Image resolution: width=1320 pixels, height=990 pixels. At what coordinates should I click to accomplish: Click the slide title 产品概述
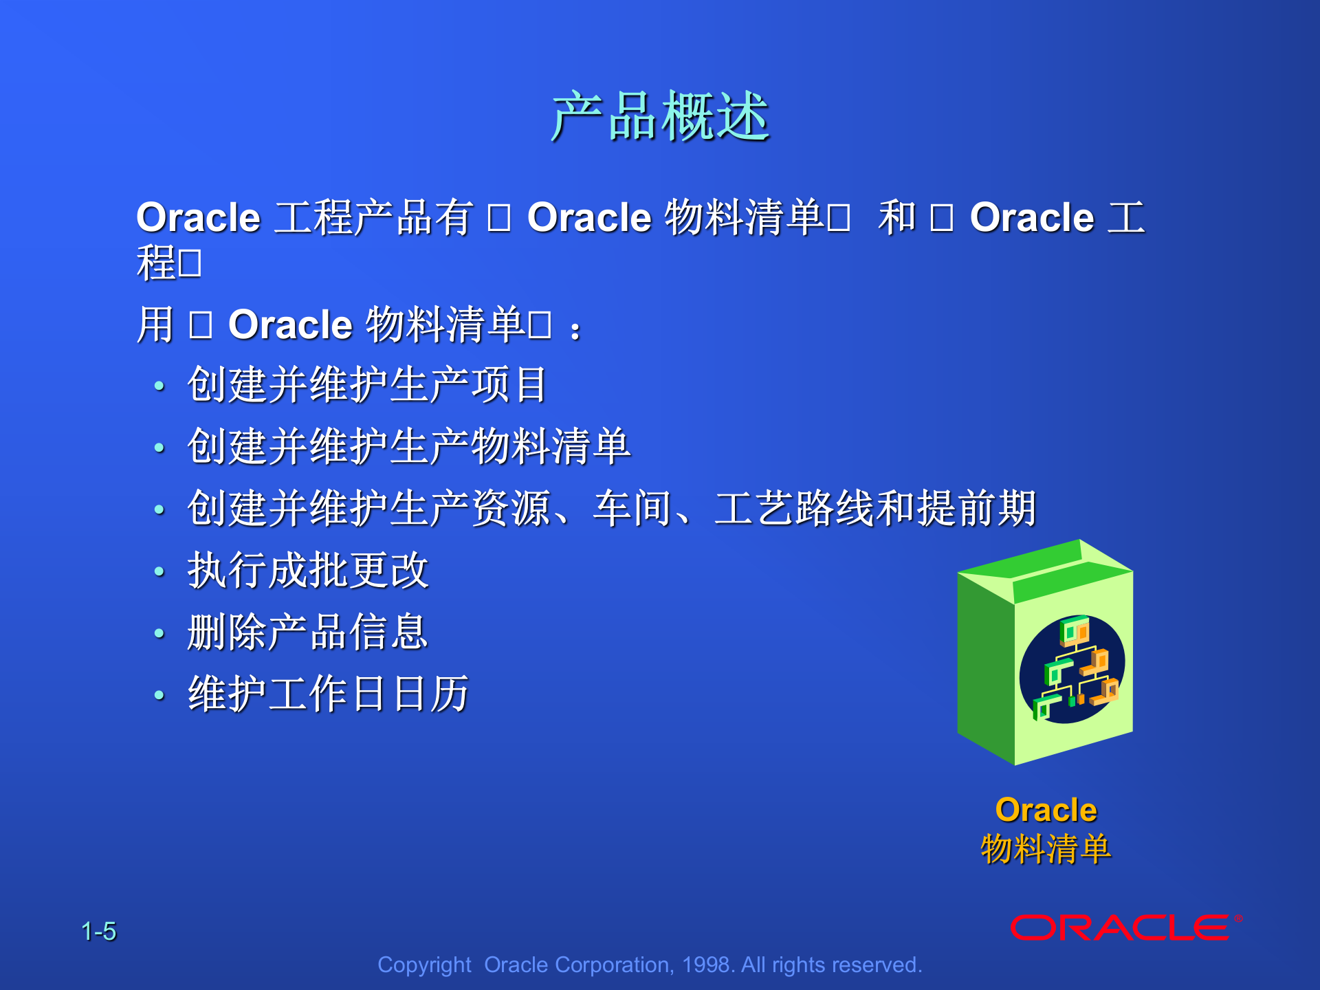[x=660, y=117]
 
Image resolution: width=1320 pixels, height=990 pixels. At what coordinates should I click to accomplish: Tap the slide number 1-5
[x=98, y=932]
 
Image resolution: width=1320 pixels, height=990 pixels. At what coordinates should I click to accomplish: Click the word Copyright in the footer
[x=424, y=965]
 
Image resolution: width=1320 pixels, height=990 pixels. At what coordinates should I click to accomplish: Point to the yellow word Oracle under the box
[x=1046, y=810]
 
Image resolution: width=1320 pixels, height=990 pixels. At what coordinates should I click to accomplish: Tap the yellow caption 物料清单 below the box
[x=1046, y=848]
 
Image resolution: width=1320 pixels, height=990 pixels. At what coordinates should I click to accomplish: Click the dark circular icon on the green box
[x=1072, y=669]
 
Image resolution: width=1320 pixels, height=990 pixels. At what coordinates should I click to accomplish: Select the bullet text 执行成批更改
[x=308, y=570]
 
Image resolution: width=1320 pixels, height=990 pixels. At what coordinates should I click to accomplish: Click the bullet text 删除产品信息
[x=308, y=632]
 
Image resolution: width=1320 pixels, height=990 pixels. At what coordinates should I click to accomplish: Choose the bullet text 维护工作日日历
[x=329, y=694]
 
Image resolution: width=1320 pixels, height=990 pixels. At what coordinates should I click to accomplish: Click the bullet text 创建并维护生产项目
[x=367, y=384]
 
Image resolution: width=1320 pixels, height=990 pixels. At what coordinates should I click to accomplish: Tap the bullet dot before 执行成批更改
[x=159, y=571]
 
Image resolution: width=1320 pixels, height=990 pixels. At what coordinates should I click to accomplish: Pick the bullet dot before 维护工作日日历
[x=159, y=695]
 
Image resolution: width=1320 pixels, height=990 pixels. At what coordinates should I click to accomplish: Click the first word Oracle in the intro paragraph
[x=198, y=218]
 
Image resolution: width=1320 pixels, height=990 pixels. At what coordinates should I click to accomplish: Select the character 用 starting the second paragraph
[x=155, y=324]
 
